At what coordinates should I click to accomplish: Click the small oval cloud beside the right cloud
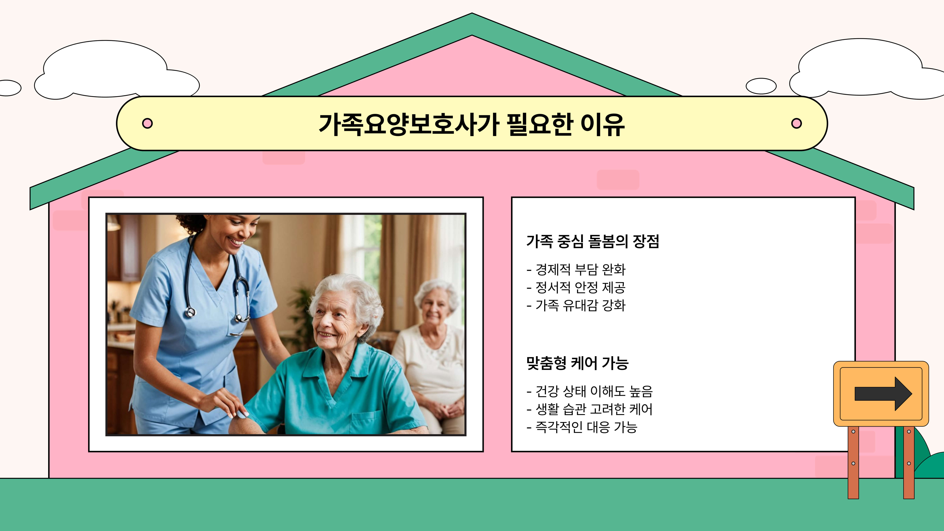click(761, 86)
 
